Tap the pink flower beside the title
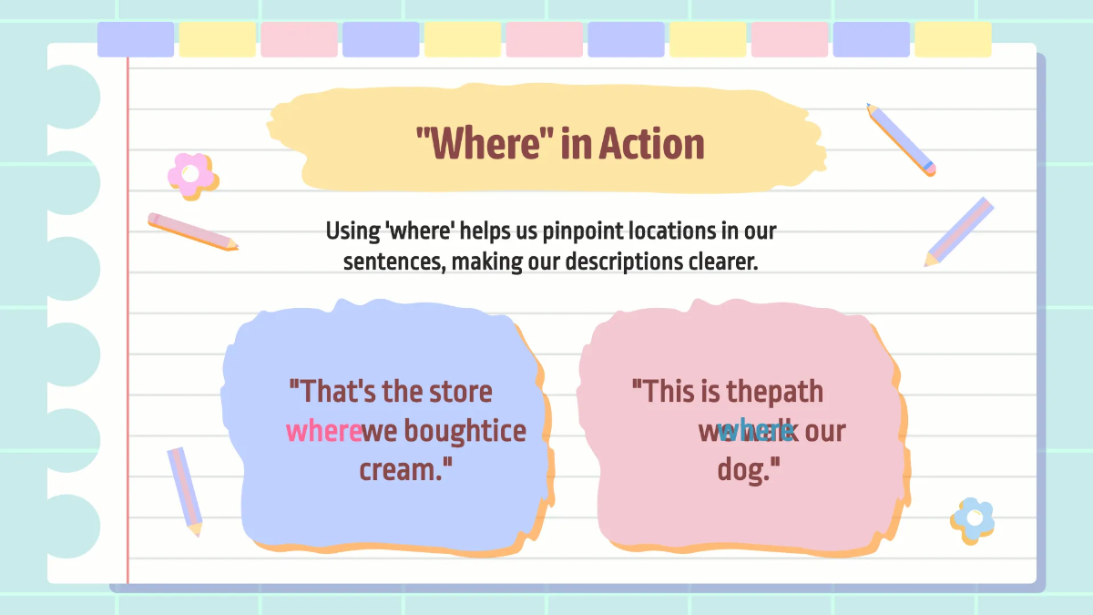192,174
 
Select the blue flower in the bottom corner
973,518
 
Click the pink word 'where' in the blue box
322,431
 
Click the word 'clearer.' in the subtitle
722,261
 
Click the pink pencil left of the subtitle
193,231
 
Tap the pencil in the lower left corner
185,490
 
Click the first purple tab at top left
136,40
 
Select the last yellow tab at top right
953,40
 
